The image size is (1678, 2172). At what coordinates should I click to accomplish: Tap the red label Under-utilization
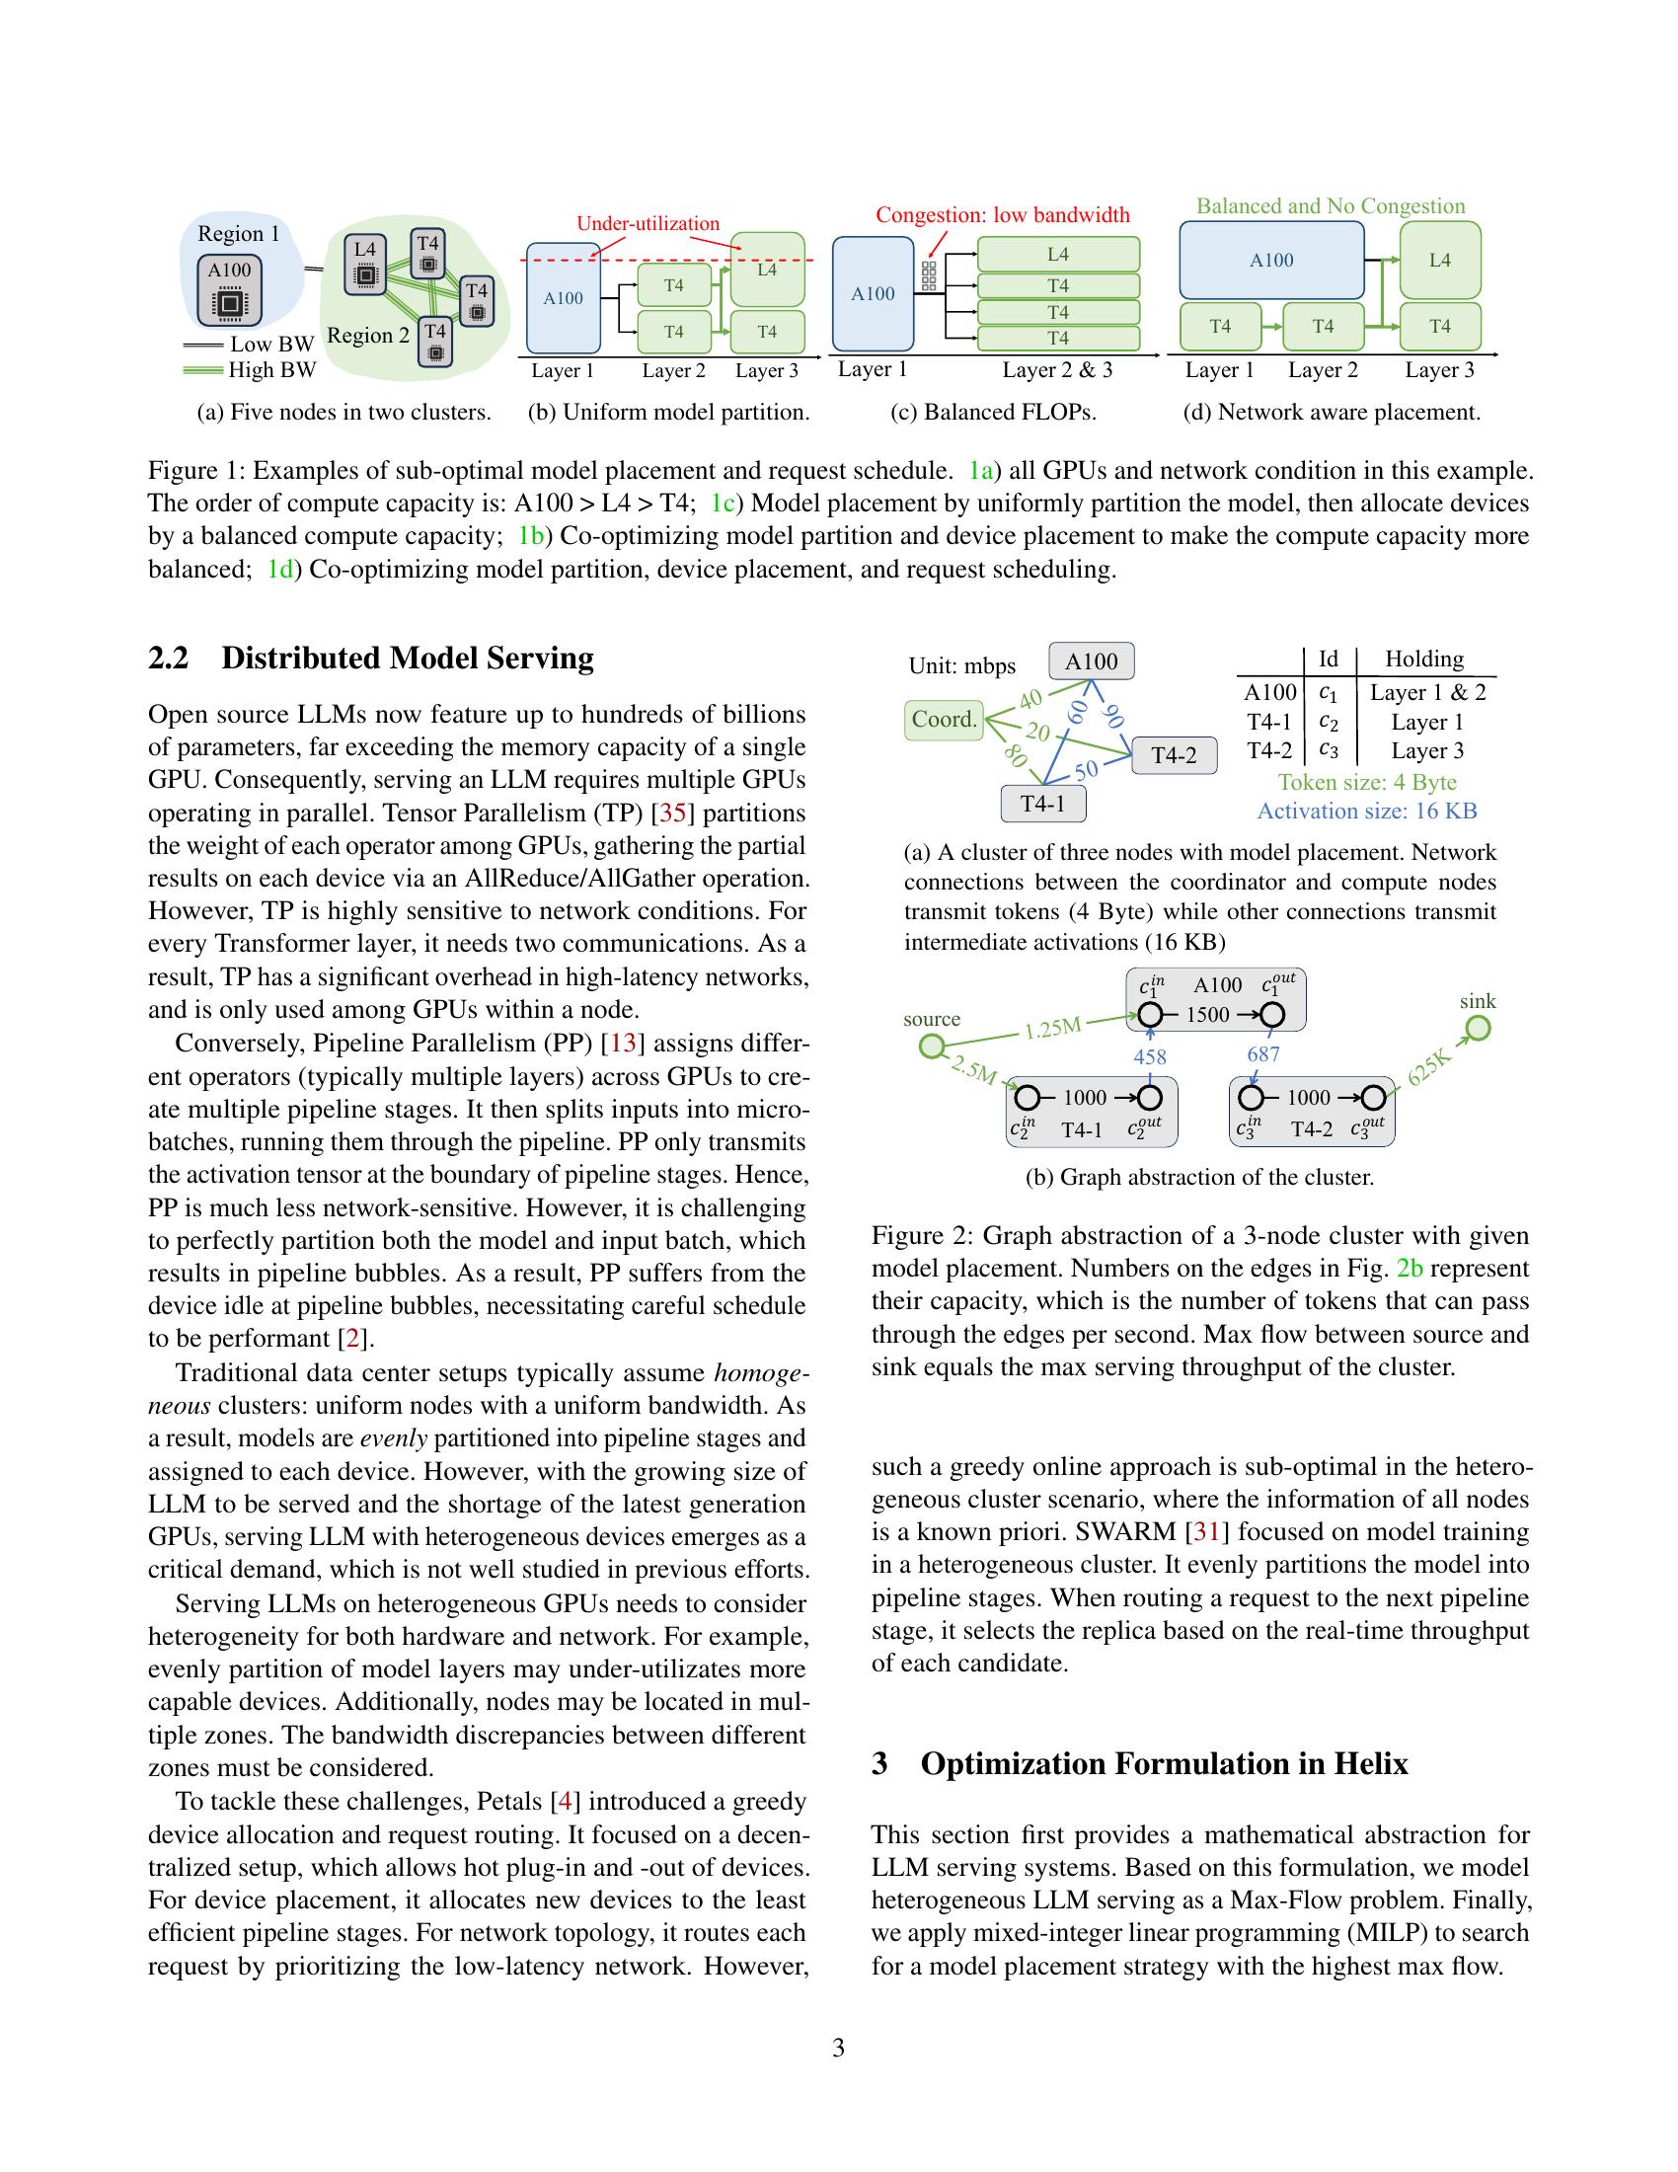[648, 224]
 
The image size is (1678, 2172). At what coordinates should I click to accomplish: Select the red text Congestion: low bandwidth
[1002, 215]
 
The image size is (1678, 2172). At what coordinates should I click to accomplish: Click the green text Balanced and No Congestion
[1331, 206]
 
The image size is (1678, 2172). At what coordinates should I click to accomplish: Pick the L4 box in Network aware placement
[1439, 261]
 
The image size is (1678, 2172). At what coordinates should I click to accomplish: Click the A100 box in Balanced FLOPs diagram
[873, 293]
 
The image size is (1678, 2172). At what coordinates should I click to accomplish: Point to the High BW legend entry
[251, 370]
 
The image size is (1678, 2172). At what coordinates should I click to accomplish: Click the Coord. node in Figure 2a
[944, 719]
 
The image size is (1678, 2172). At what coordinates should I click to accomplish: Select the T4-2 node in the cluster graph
[1174, 756]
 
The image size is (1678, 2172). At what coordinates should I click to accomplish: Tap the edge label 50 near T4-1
[1087, 769]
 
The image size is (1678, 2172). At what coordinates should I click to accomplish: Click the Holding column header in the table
[1423, 659]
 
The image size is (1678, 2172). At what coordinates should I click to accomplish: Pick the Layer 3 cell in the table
[1426, 751]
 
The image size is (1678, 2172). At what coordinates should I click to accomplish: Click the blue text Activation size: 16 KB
[1367, 811]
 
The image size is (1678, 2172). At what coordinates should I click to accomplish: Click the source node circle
[932, 1047]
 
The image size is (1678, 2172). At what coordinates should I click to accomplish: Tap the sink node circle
[1479, 1029]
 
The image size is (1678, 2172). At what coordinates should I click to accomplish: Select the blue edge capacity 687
[1262, 1053]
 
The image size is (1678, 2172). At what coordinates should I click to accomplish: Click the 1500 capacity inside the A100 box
[1207, 1015]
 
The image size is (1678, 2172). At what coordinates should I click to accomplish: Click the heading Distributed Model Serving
[408, 659]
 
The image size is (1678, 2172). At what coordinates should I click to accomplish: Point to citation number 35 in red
[673, 813]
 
